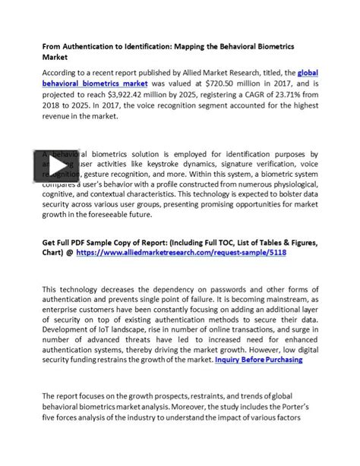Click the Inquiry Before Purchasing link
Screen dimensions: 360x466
click(x=259, y=360)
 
